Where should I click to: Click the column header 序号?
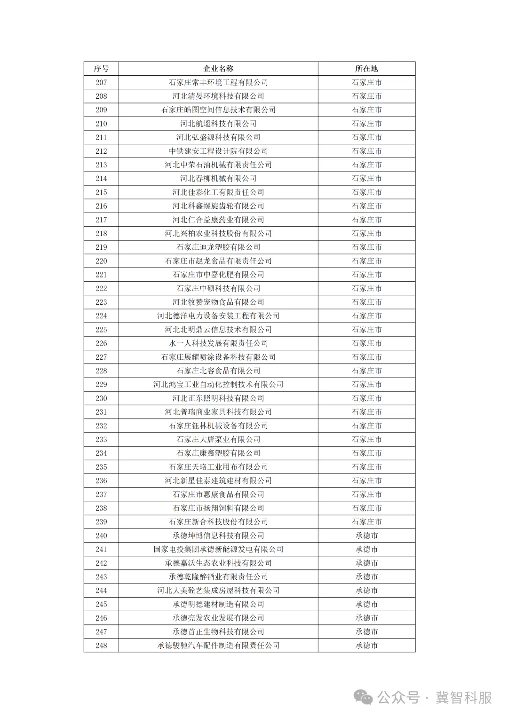point(101,69)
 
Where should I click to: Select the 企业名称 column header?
point(218,69)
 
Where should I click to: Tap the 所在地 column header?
point(366,69)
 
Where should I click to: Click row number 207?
point(101,82)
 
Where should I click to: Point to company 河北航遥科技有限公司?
point(218,124)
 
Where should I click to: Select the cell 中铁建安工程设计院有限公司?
point(218,151)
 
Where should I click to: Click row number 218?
point(101,233)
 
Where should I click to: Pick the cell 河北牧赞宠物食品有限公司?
point(218,302)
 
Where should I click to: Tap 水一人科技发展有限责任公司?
point(218,343)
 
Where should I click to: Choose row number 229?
point(101,385)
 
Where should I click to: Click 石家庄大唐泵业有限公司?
point(218,439)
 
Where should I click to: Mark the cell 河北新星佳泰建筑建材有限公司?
point(218,481)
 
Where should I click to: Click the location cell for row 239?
point(366,522)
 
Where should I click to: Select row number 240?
point(101,536)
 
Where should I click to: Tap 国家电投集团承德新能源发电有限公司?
point(218,549)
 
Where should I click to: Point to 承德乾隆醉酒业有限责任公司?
point(218,576)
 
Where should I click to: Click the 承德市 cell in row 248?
point(366,646)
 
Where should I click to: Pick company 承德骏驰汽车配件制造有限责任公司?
point(218,646)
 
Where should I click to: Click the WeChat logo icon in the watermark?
point(364,697)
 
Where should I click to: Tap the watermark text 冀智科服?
point(463,698)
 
